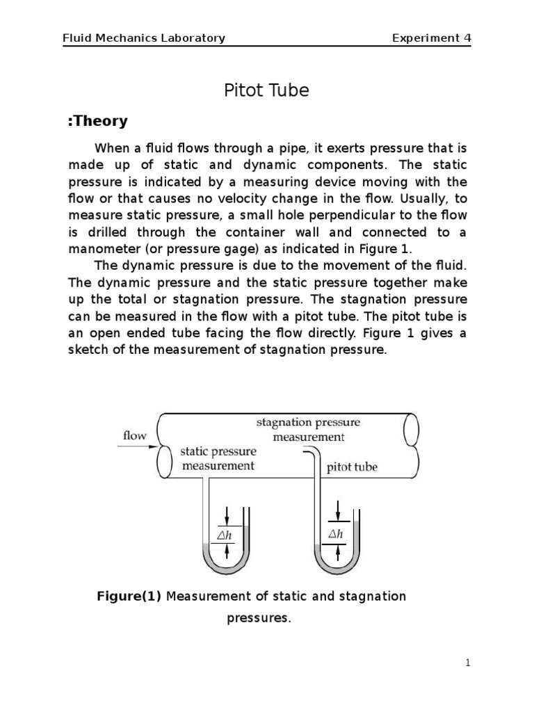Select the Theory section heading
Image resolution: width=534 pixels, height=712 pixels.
click(97, 121)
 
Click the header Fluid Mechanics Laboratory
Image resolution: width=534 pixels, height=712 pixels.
click(144, 38)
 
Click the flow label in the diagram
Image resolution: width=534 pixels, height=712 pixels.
click(135, 436)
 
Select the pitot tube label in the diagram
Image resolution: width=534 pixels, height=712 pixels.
click(352, 467)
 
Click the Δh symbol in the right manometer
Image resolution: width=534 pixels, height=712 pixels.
click(336, 534)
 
